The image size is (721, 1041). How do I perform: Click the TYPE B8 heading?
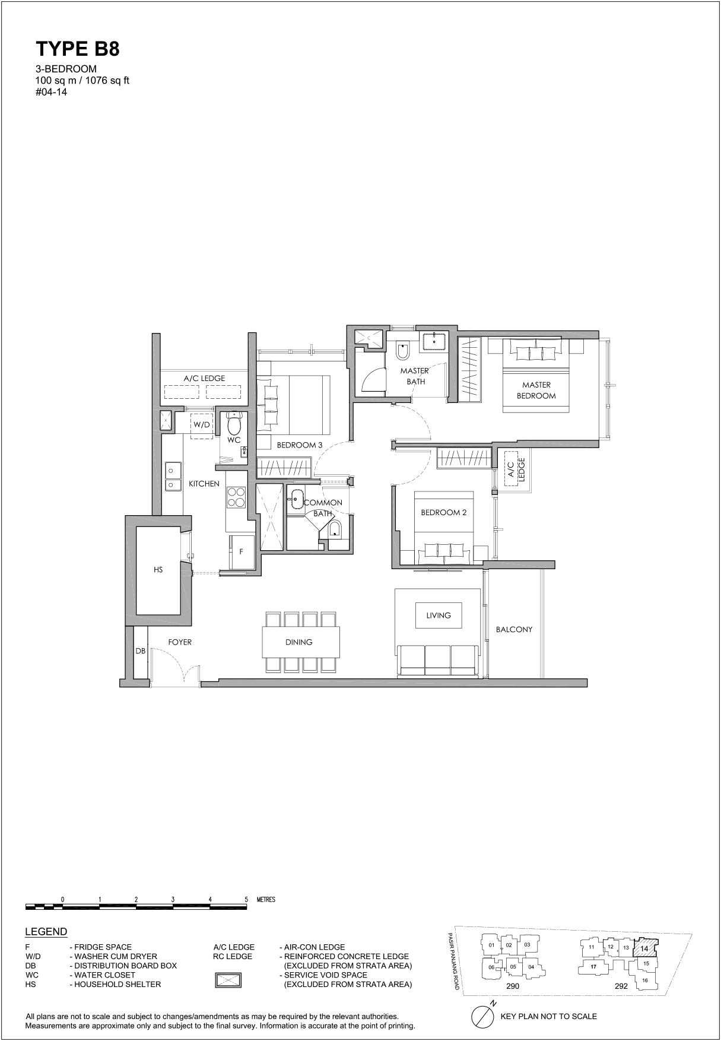[x=78, y=49]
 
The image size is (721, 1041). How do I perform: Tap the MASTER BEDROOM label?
[x=536, y=390]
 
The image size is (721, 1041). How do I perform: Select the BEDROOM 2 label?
[x=444, y=512]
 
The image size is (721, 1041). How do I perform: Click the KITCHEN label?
[x=204, y=484]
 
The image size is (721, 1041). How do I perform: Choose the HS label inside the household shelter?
[x=158, y=570]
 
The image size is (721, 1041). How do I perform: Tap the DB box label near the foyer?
[x=140, y=651]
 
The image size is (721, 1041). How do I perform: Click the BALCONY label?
[x=514, y=629]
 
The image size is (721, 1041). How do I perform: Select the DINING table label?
[x=298, y=642]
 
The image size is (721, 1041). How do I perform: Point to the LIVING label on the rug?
[x=439, y=615]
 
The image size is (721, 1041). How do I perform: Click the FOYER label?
[x=180, y=642]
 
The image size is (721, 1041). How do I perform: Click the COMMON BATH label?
[x=323, y=508]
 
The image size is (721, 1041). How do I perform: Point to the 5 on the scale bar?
[x=246, y=899]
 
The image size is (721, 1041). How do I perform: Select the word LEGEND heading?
[x=46, y=932]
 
